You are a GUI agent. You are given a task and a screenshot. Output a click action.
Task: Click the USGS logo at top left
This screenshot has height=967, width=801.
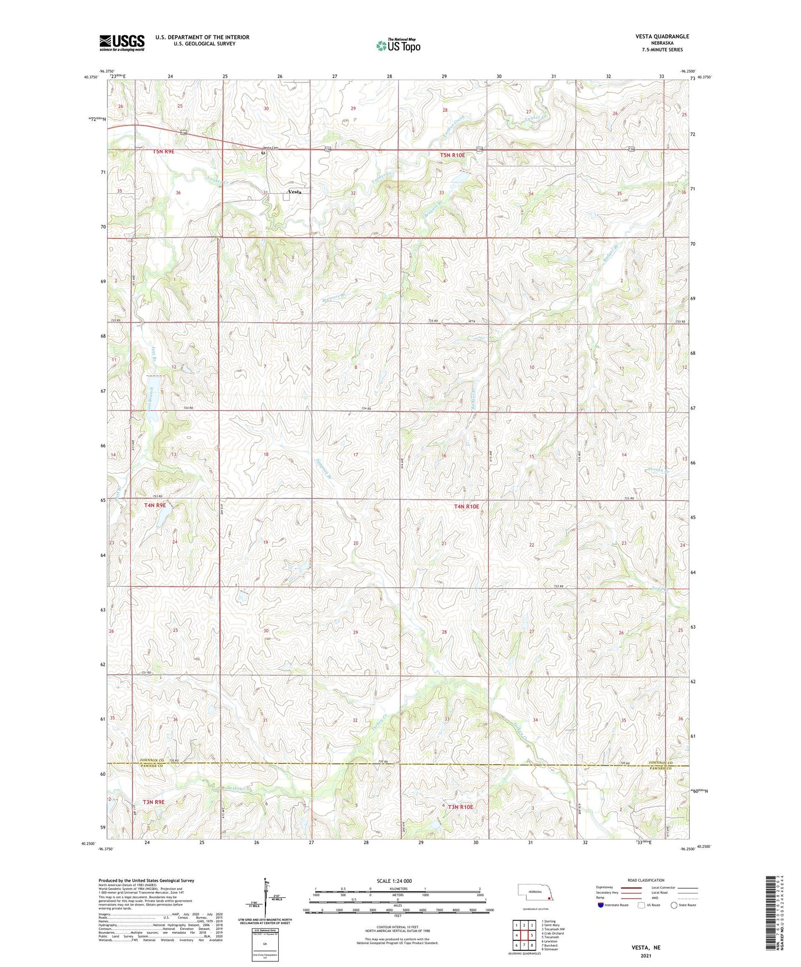pyautogui.click(x=121, y=43)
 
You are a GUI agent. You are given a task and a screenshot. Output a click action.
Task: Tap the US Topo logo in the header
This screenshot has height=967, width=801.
pyautogui.click(x=397, y=45)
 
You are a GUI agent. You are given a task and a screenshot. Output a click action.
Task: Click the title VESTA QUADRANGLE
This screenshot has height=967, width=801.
pyautogui.click(x=662, y=37)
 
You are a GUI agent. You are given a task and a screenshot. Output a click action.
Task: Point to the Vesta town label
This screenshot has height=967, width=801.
pyautogui.click(x=295, y=192)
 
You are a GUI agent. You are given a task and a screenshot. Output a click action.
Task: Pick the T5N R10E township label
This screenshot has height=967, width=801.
pyautogui.click(x=452, y=156)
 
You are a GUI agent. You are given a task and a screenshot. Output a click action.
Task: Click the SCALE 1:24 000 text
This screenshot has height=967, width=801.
pyautogui.click(x=394, y=881)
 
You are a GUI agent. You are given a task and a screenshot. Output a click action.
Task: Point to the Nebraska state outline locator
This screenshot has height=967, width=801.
pyautogui.click(x=534, y=892)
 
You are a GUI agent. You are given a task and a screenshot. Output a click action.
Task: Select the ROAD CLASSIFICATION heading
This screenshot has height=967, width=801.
pyautogui.click(x=646, y=879)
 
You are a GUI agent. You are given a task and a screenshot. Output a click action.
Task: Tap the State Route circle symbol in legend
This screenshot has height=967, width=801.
pyautogui.click(x=674, y=905)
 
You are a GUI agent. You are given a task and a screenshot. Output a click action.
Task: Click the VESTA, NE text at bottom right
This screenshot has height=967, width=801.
pyautogui.click(x=646, y=948)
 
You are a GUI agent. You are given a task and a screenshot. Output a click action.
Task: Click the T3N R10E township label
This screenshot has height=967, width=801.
pyautogui.click(x=460, y=807)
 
